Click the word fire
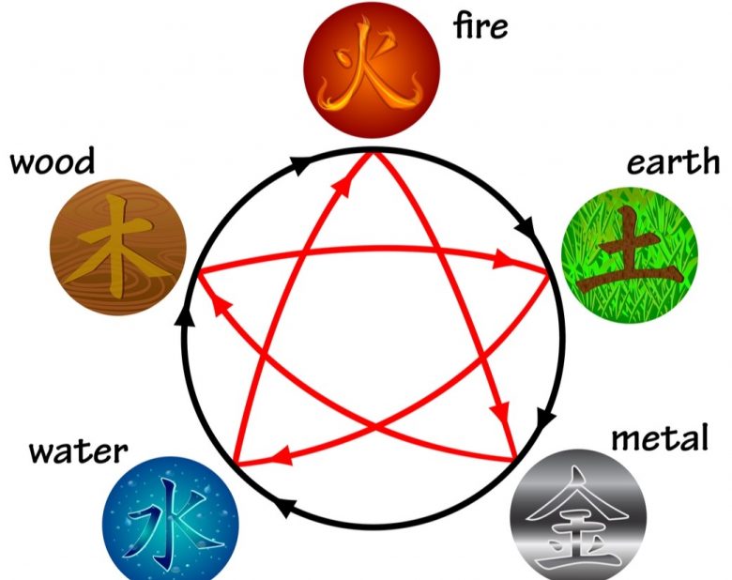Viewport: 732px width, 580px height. [480, 25]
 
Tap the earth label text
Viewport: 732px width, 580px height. [673, 161]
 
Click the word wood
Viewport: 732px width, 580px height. [53, 161]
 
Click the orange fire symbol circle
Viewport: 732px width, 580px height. [372, 70]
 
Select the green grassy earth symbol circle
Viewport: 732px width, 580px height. [630, 253]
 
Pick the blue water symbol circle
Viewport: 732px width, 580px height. [171, 519]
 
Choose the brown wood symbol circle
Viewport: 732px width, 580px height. [118, 247]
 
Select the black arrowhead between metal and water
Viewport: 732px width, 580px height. [284, 507]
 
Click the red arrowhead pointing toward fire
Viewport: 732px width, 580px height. [343, 186]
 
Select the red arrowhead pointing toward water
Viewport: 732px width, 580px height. [282, 456]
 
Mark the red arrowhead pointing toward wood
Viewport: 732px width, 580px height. [221, 307]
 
